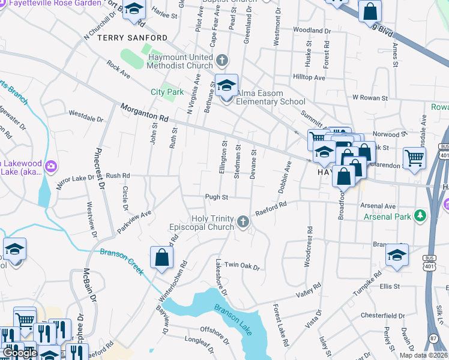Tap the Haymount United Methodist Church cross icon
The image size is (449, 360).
coord(222,60)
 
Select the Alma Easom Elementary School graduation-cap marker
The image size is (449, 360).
coord(227,86)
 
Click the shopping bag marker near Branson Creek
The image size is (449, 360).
coord(161,258)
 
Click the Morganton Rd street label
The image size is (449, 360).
coord(144,110)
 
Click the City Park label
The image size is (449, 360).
coord(167,92)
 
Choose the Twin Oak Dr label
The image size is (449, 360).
coord(241,266)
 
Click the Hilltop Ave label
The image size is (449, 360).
coord(309,77)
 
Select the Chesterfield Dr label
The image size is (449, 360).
coord(384,315)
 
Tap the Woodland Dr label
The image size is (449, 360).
coord(309,30)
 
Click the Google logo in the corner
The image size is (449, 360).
coord(20,353)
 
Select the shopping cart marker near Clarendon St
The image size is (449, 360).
coord(414,158)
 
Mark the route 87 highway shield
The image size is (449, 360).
coord(433,339)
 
